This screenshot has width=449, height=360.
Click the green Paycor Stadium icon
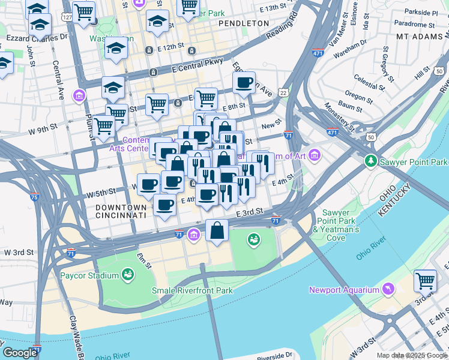127,275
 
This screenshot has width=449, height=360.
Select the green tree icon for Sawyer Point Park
372,162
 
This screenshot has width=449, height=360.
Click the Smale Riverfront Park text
191,291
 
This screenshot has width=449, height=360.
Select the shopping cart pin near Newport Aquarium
425,280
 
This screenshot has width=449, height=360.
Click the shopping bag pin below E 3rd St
217,230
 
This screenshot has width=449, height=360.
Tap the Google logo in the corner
20,353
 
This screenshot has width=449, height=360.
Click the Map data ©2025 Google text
412,355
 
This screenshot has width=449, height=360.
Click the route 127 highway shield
67,17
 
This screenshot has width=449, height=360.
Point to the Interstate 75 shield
34,197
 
